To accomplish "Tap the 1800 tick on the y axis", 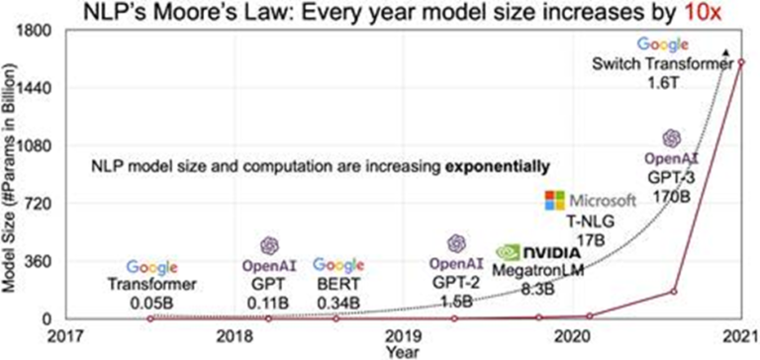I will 37,32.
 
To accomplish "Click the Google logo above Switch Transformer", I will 662,45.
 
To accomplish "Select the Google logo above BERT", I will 339,265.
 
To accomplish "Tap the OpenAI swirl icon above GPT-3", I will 672,138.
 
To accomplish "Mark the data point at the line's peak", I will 740,61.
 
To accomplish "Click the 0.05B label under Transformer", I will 151,300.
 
